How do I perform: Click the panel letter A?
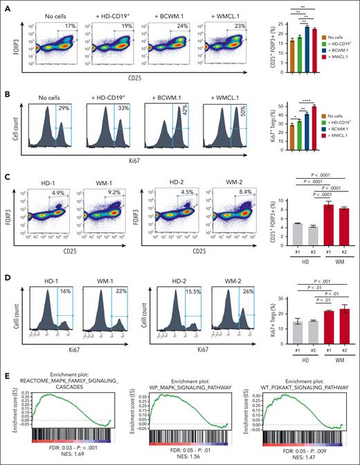(7, 6)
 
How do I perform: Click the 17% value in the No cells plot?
(69, 26)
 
